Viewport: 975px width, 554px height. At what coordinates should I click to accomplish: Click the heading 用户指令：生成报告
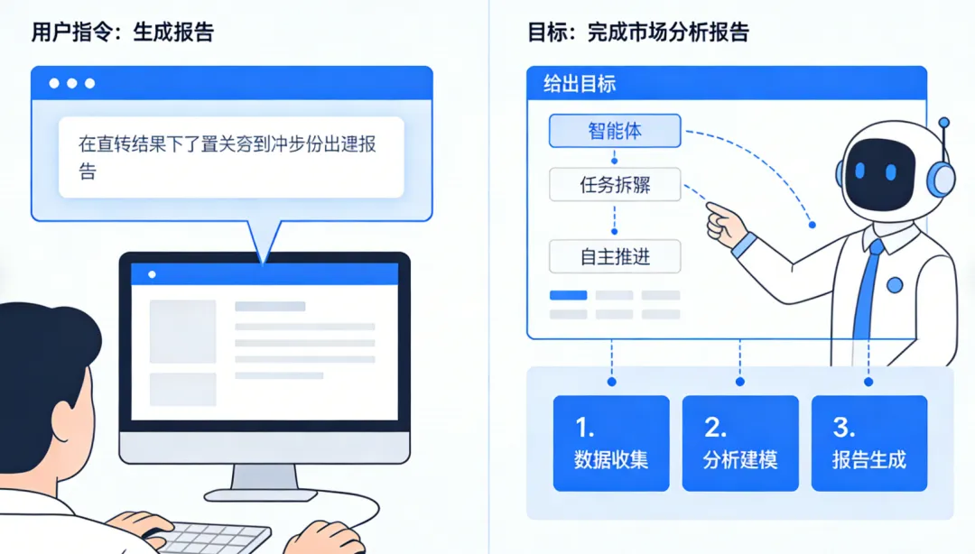point(123,33)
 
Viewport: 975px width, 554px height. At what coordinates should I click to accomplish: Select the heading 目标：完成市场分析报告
point(638,33)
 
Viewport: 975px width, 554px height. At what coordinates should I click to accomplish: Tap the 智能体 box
point(614,131)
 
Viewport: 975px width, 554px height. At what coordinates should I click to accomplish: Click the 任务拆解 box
point(614,186)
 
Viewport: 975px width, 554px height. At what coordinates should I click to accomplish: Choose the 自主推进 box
point(614,257)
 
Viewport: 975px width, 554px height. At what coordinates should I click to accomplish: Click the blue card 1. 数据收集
point(611,443)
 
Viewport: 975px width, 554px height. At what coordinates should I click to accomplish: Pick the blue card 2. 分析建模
point(740,443)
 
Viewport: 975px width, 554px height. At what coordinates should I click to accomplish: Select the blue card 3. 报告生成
point(868,443)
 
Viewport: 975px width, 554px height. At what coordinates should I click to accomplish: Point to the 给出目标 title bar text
point(580,85)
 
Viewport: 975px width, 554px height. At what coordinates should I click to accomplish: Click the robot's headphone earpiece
point(943,177)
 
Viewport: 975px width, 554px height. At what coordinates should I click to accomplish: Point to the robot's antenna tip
point(944,122)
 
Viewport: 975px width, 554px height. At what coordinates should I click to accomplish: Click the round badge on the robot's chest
point(895,284)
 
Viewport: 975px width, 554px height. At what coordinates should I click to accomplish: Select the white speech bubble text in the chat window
point(229,156)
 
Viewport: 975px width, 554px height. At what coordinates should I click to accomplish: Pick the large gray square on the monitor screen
point(182,331)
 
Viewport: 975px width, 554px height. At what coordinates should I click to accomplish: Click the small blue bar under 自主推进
point(568,295)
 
